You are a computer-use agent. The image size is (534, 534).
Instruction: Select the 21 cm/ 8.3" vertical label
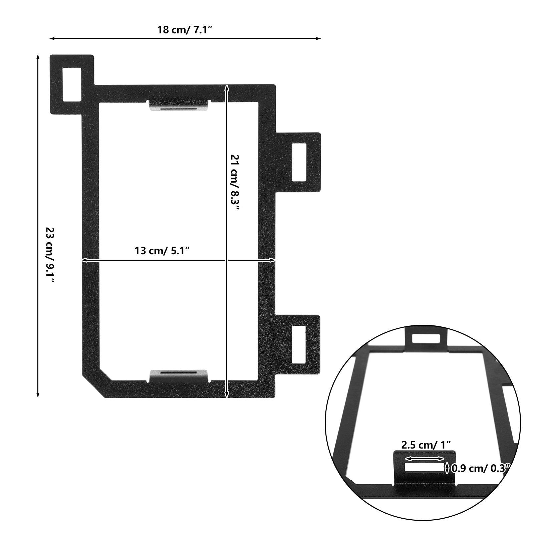coord(235,182)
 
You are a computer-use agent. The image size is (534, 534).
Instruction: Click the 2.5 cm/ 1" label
coord(426,445)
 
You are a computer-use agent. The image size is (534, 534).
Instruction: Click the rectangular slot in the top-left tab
coord(72,84)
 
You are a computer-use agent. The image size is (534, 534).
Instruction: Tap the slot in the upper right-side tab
coord(299,163)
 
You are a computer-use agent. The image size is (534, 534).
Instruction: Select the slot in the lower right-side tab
coord(299,344)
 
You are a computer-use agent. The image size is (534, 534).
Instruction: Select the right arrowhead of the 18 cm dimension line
coord(319,39)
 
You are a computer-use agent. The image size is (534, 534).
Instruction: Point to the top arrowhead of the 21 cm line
coord(227,87)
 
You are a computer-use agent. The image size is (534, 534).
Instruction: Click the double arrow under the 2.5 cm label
coord(425,459)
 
